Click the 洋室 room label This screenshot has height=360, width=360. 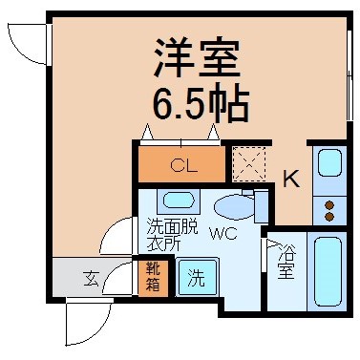point(197,58)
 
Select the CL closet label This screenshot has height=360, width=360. point(183,165)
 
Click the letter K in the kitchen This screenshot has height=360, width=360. point(291,179)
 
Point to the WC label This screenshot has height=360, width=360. point(223,234)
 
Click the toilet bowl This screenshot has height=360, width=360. point(235,207)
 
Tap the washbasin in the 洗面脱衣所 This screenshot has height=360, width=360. point(179,201)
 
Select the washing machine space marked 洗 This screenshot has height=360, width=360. point(198,277)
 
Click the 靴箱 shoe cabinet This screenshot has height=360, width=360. point(153,277)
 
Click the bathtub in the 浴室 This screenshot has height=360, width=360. point(328,272)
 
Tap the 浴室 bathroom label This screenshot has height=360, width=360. point(286,262)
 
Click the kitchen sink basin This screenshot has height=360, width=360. point(329,163)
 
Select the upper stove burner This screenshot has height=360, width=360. point(330,205)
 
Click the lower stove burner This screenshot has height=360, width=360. point(330,217)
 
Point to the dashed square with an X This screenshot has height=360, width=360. point(249,164)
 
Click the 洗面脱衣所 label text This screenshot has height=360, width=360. point(172,236)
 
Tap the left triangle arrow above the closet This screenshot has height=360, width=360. point(146,132)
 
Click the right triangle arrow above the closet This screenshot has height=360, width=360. point(213,132)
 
